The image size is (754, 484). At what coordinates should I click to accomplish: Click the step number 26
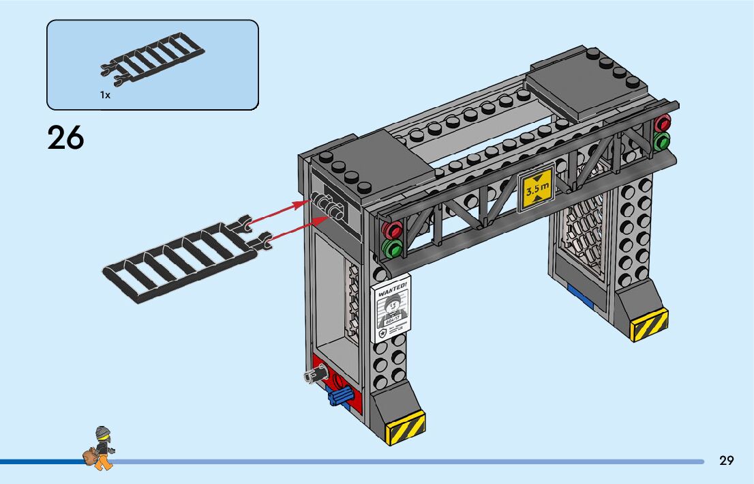point(65,139)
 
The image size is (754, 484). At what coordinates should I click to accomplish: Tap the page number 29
point(727,461)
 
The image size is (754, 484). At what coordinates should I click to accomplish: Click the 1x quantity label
point(105,96)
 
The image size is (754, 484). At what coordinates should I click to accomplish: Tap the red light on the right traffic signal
point(662,124)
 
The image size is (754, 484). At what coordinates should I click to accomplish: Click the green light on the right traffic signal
point(661,141)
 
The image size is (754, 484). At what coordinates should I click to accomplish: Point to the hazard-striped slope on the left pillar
point(406,428)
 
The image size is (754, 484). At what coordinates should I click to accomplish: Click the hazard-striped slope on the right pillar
point(649,324)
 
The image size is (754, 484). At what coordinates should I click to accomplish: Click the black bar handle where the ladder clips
point(329,205)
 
